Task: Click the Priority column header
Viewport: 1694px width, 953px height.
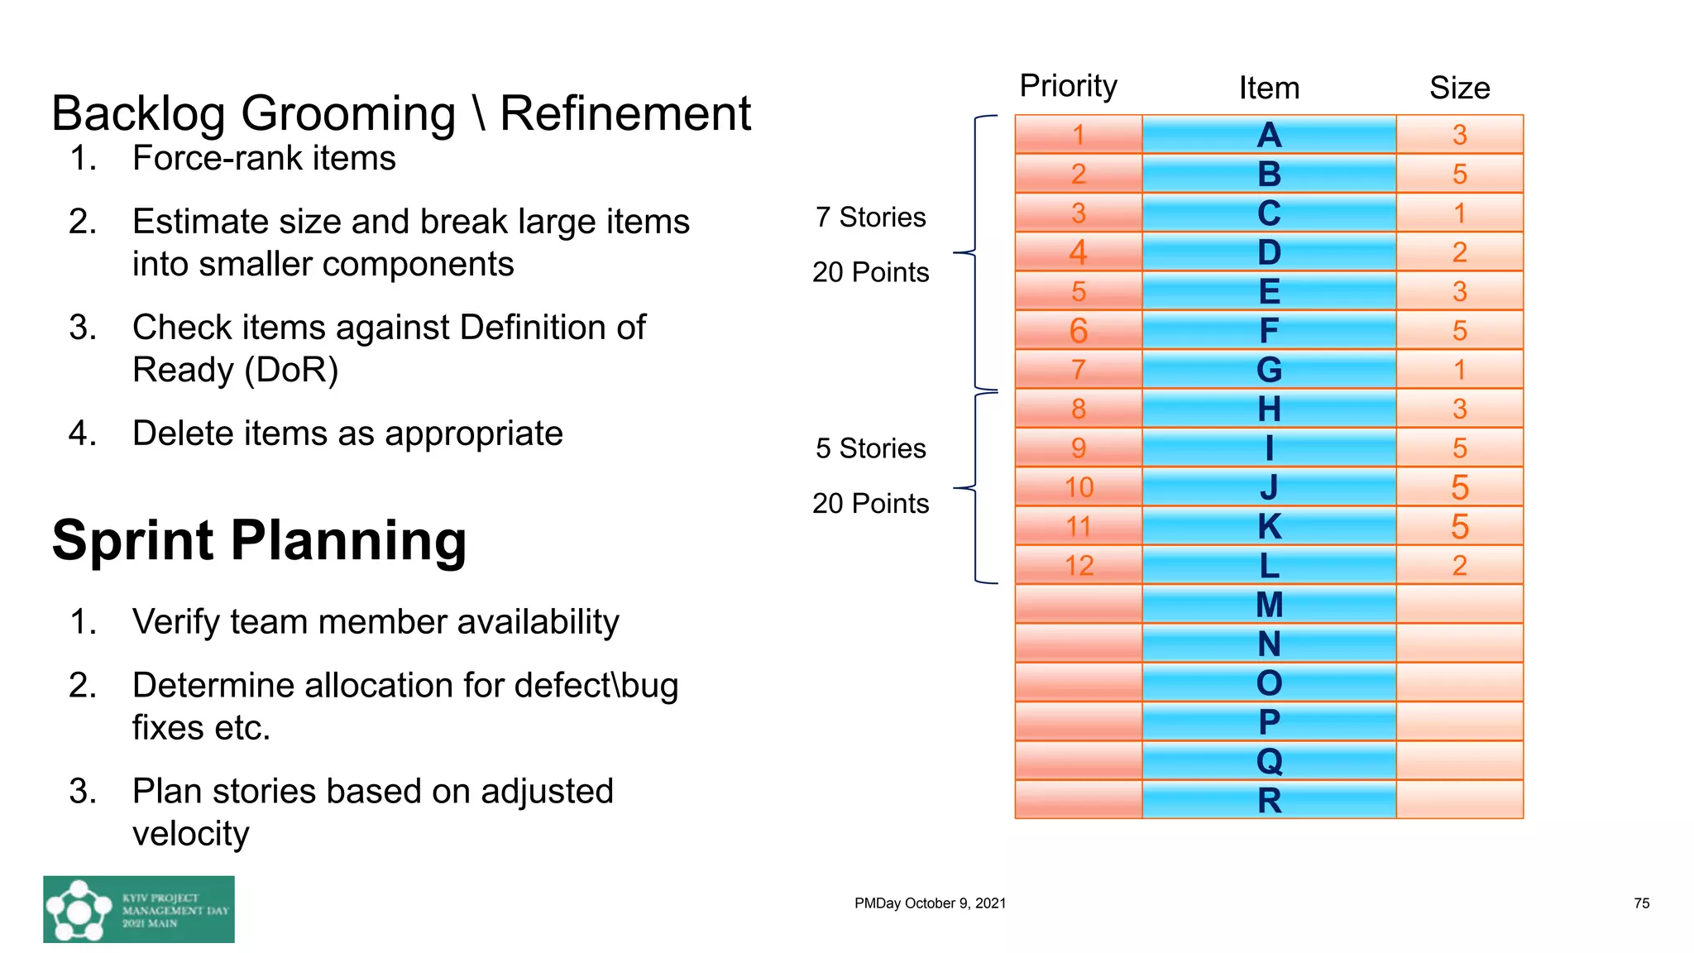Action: click(1068, 86)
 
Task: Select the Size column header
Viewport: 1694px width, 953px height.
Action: click(1459, 88)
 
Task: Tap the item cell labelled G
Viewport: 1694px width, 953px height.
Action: click(1269, 370)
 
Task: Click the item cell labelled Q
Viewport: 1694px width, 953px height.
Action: click(1269, 761)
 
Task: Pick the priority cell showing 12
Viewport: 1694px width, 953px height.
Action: click(1079, 566)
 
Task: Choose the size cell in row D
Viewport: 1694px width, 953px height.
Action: click(1459, 252)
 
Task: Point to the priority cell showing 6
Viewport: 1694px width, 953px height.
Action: click(1079, 331)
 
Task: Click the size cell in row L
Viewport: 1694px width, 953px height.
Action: click(1459, 566)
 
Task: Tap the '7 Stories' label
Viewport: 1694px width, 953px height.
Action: click(870, 218)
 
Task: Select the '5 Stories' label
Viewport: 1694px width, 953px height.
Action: click(870, 448)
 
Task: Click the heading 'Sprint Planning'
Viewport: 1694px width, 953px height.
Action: click(259, 540)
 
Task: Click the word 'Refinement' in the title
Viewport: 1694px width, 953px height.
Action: click(625, 113)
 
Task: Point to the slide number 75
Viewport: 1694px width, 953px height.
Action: click(1641, 903)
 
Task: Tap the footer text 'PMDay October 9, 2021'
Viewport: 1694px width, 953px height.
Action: click(930, 903)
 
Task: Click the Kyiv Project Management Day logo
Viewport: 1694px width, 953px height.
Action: click(139, 909)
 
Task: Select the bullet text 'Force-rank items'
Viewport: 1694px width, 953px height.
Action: click(264, 158)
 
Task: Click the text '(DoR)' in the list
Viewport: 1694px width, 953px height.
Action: click(292, 370)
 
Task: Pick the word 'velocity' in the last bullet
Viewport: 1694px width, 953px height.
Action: click(190, 834)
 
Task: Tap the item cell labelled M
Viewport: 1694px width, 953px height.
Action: click(1269, 605)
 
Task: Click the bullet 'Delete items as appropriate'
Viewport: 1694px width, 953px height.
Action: click(347, 433)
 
